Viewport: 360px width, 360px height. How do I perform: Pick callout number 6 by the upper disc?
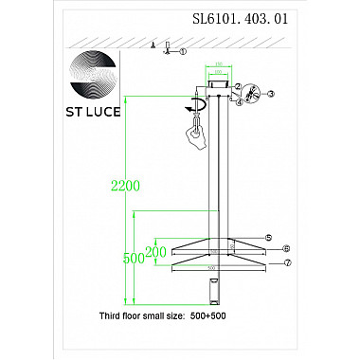[286, 248]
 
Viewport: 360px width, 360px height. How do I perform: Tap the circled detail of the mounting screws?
[250, 94]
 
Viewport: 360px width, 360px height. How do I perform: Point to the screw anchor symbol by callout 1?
[168, 46]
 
